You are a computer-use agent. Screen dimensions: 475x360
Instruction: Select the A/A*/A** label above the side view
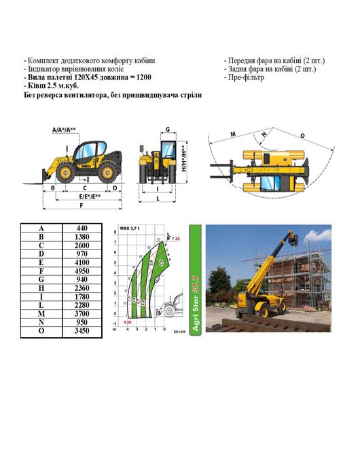pyautogui.click(x=63, y=129)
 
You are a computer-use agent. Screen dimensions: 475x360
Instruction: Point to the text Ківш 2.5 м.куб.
pyautogui.click(x=51, y=86)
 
